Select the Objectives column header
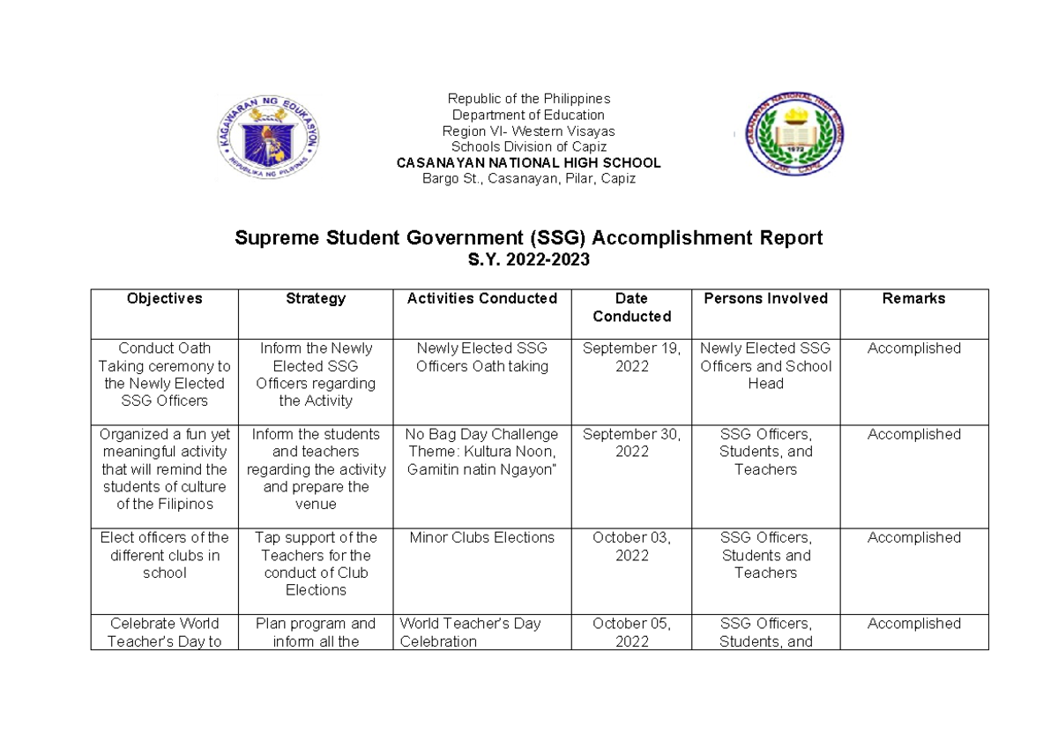[x=164, y=299]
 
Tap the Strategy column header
[x=316, y=299]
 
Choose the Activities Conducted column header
[x=482, y=299]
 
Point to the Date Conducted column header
[x=632, y=308]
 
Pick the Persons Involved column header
[x=765, y=299]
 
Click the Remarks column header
[x=913, y=299]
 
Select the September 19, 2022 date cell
[x=632, y=357]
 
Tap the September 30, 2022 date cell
[x=632, y=443]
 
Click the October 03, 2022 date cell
[x=632, y=546]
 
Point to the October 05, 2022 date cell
[x=632, y=633]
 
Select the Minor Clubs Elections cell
[x=482, y=537]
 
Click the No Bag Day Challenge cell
[x=482, y=452]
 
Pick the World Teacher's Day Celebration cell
[x=470, y=633]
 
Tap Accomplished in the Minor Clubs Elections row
[x=913, y=537]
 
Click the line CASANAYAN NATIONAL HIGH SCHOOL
[x=528, y=163]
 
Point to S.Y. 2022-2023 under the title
[x=528, y=260]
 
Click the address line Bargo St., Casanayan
[x=528, y=179]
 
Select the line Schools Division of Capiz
[x=528, y=146]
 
